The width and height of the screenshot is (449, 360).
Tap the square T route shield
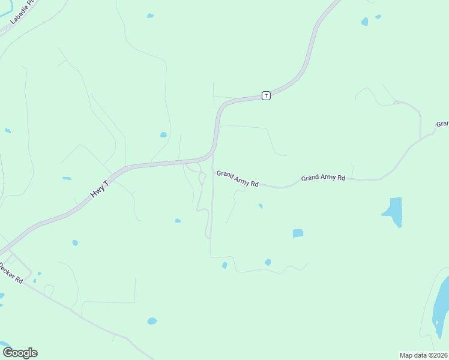coord(266,95)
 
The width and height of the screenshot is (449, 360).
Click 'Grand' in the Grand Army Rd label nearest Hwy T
coord(225,175)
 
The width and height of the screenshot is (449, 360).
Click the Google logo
coord(20,353)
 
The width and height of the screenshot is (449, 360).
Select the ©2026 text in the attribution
coord(438,355)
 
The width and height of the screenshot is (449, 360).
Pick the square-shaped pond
coord(298,233)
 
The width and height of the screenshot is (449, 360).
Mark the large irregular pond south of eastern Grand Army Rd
coord(393,211)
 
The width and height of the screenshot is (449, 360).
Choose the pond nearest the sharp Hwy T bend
coord(163,134)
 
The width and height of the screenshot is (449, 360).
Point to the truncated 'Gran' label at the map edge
coord(442,124)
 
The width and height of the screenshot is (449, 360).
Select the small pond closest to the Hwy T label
coord(67,178)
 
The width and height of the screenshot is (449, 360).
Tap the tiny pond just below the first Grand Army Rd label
coord(260,206)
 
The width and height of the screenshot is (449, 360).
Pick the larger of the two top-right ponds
coord(364,22)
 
